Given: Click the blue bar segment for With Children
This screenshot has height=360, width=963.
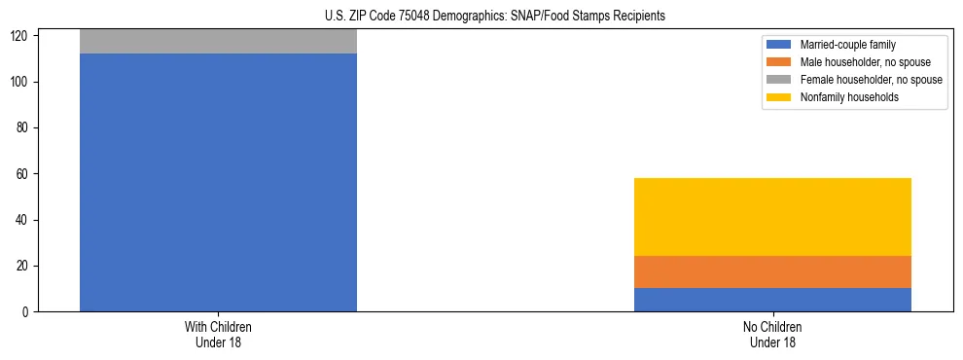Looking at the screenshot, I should [x=218, y=182].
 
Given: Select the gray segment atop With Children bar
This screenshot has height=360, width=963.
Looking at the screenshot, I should [x=218, y=41].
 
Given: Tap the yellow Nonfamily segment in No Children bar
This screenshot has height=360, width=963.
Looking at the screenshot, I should [x=772, y=217].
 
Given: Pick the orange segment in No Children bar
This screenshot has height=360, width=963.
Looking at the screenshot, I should [x=772, y=272].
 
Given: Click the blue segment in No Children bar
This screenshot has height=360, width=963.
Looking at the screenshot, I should [x=772, y=300].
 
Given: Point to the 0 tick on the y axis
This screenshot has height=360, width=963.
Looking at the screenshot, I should [x=25, y=311].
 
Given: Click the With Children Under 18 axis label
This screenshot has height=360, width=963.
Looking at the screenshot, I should [x=218, y=334].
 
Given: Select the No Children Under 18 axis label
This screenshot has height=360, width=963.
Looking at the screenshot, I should [x=772, y=334].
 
